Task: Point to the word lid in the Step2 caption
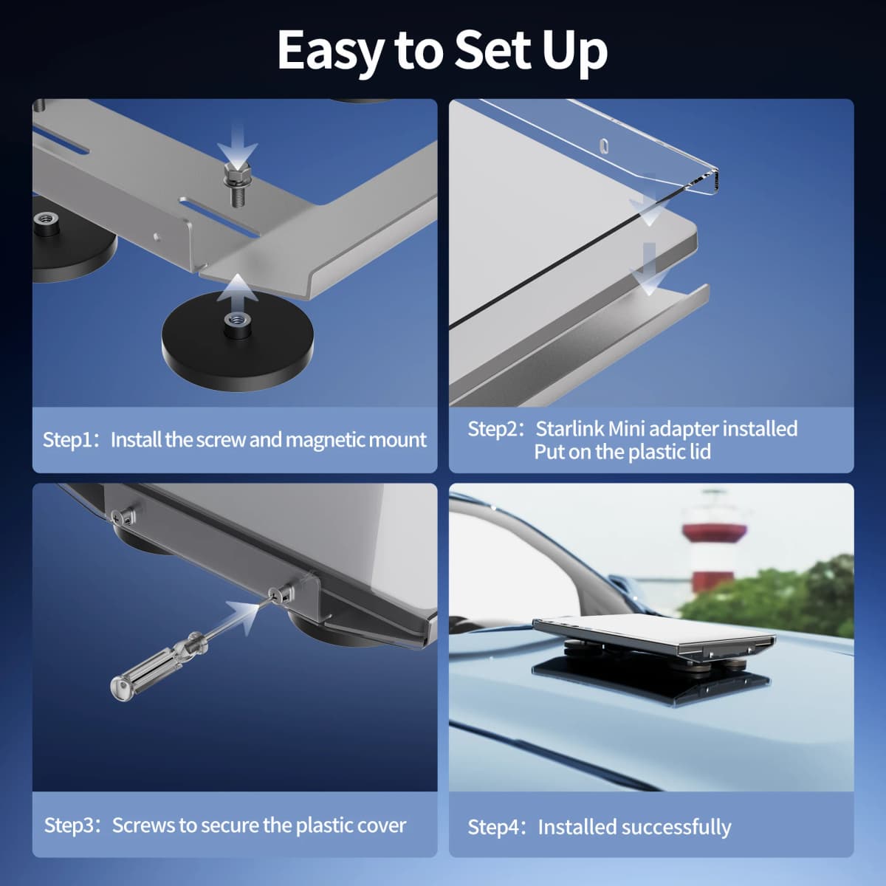700,452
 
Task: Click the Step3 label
72,825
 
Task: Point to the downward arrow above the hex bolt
237,143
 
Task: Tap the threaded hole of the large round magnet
237,319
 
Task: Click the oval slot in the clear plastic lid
605,145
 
